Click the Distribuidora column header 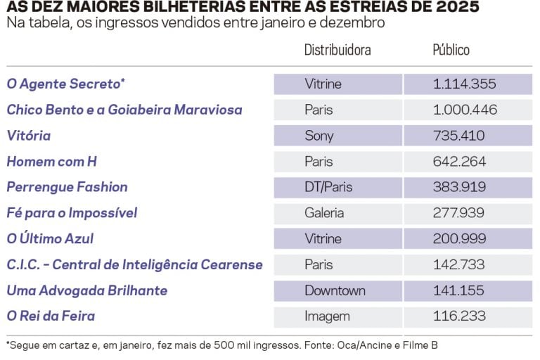[337, 50]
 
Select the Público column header [451, 50]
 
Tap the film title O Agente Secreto [65, 84]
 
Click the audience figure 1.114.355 [464, 84]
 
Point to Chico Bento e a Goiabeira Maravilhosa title [124, 110]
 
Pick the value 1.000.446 [465, 110]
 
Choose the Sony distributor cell [319, 136]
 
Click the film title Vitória [29, 136]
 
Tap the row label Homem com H [51, 162]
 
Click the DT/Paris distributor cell [328, 187]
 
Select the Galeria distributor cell [324, 213]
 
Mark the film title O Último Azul [50, 239]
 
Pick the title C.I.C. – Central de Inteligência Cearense [134, 265]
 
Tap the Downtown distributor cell [335, 290]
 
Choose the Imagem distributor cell [327, 316]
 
